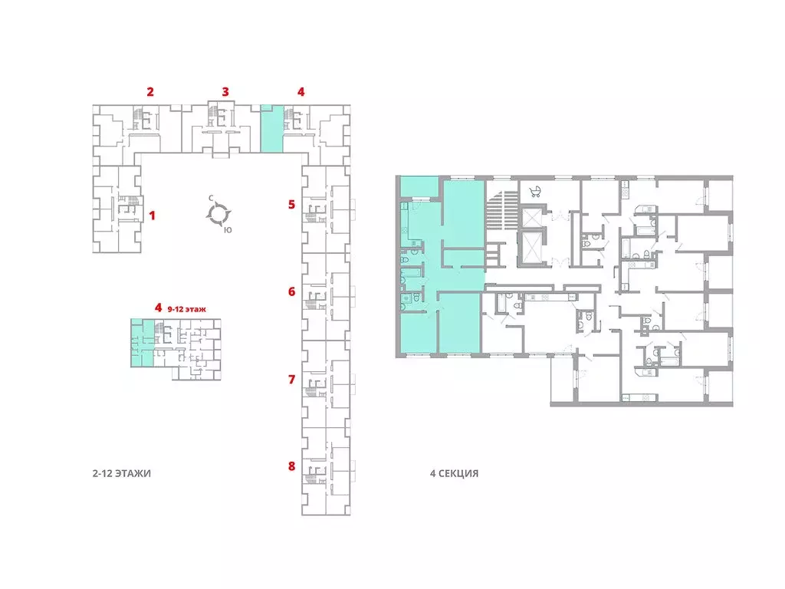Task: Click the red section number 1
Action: pyautogui.click(x=153, y=216)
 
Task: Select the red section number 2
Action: pyautogui.click(x=150, y=92)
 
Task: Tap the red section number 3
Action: pyautogui.click(x=225, y=92)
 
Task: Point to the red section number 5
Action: pyautogui.click(x=292, y=204)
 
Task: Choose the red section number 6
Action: pyautogui.click(x=292, y=291)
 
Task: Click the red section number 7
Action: pyautogui.click(x=292, y=379)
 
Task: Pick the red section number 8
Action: pyautogui.click(x=292, y=466)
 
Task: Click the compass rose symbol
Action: pyautogui.click(x=218, y=214)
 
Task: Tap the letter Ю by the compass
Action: pyautogui.click(x=228, y=230)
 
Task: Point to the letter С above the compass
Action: pyautogui.click(x=212, y=199)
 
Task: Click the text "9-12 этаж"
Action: pyautogui.click(x=186, y=309)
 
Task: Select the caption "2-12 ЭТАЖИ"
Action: pyautogui.click(x=122, y=473)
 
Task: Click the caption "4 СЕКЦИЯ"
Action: pyautogui.click(x=454, y=473)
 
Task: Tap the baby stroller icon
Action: pyautogui.click(x=535, y=191)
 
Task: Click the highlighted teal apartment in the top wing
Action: pyautogui.click(x=272, y=128)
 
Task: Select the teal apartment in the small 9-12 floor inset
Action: pyautogui.click(x=142, y=343)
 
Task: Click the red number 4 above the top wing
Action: pyautogui.click(x=301, y=92)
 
